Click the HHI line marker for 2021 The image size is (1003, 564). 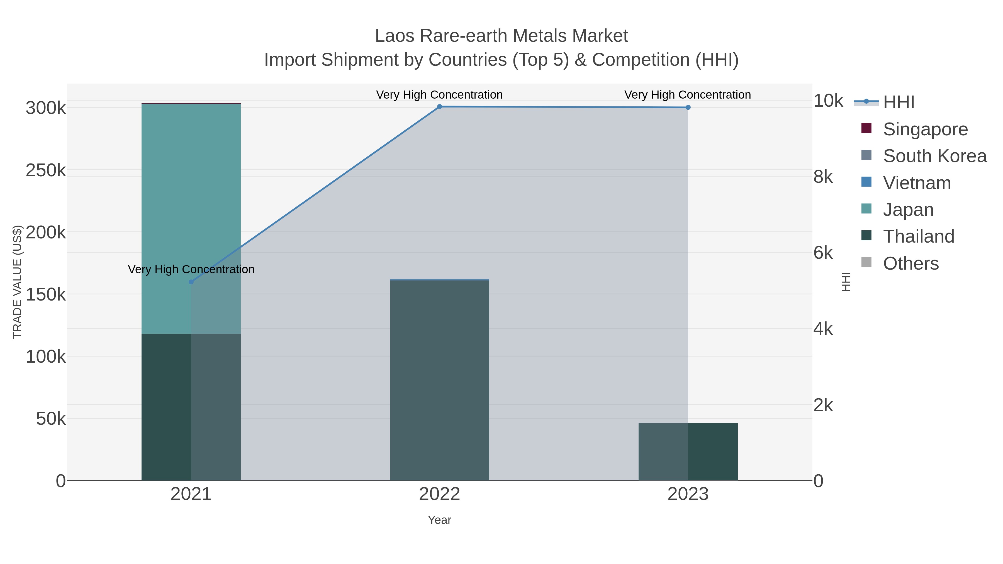[x=191, y=282]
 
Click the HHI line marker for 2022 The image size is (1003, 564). [x=440, y=107]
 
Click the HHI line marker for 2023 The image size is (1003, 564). [x=688, y=108]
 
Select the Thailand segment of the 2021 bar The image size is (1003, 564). [x=191, y=407]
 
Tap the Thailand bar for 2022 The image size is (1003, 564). [x=440, y=380]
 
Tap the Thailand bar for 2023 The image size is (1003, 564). [x=688, y=451]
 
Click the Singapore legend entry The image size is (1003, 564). [x=925, y=129]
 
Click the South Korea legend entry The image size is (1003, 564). [x=934, y=156]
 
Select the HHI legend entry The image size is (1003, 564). [x=898, y=102]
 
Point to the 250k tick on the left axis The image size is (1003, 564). [x=46, y=170]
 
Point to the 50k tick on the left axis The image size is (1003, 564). [x=51, y=419]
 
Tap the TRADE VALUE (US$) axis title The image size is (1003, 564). [x=18, y=282]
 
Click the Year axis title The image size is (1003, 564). [x=440, y=520]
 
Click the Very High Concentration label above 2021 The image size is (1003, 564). [x=191, y=269]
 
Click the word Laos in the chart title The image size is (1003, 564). [x=394, y=36]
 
